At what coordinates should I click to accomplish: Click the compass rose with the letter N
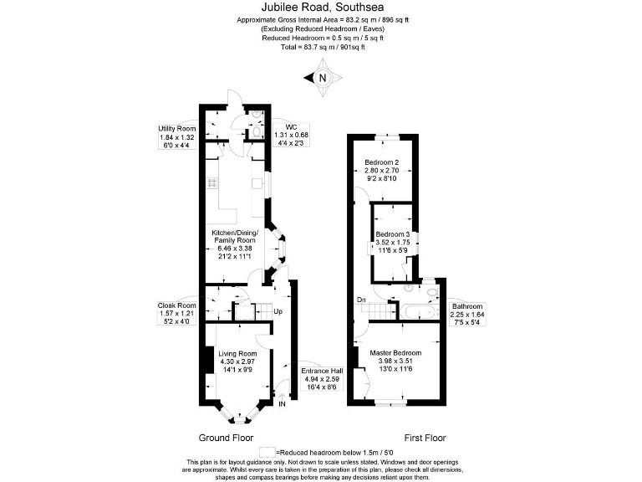[x=324, y=79]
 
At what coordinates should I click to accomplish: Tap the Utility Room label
[x=177, y=129]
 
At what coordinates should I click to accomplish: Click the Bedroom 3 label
[x=392, y=234]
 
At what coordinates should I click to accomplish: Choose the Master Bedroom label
[x=395, y=353]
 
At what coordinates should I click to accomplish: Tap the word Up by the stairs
[x=278, y=312]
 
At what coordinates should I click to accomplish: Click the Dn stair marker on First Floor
[x=360, y=300]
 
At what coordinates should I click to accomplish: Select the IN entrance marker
[x=282, y=403]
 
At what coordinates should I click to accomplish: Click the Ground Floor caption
[x=226, y=438]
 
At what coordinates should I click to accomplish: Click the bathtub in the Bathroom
[x=415, y=312]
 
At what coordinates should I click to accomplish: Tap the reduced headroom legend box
[x=267, y=450]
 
